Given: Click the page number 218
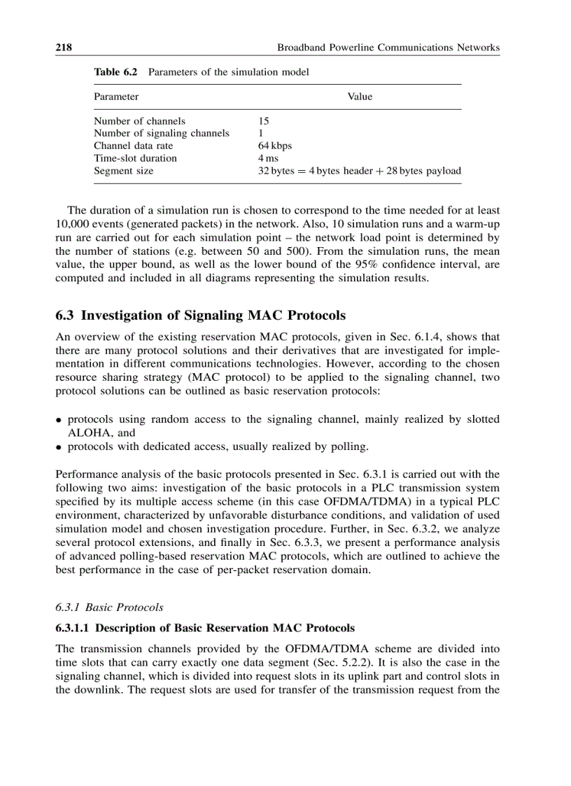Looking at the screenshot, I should tap(64, 48).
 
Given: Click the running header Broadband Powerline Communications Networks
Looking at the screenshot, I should tap(388, 48).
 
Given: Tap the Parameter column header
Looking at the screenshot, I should tap(116, 97).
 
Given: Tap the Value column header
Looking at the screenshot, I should tap(360, 97).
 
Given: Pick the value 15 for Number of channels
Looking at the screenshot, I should tap(264, 120).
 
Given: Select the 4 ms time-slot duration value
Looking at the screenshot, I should tap(269, 158).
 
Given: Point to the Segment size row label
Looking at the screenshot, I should tap(123, 171).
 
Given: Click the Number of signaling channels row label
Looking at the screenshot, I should tap(162, 133).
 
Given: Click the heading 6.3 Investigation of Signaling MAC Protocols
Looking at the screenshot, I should tap(200, 316).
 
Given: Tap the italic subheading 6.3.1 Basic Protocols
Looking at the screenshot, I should tap(109, 607).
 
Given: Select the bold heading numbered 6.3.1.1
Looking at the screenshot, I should tap(205, 627).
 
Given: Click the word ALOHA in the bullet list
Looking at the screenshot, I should tap(87, 433).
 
